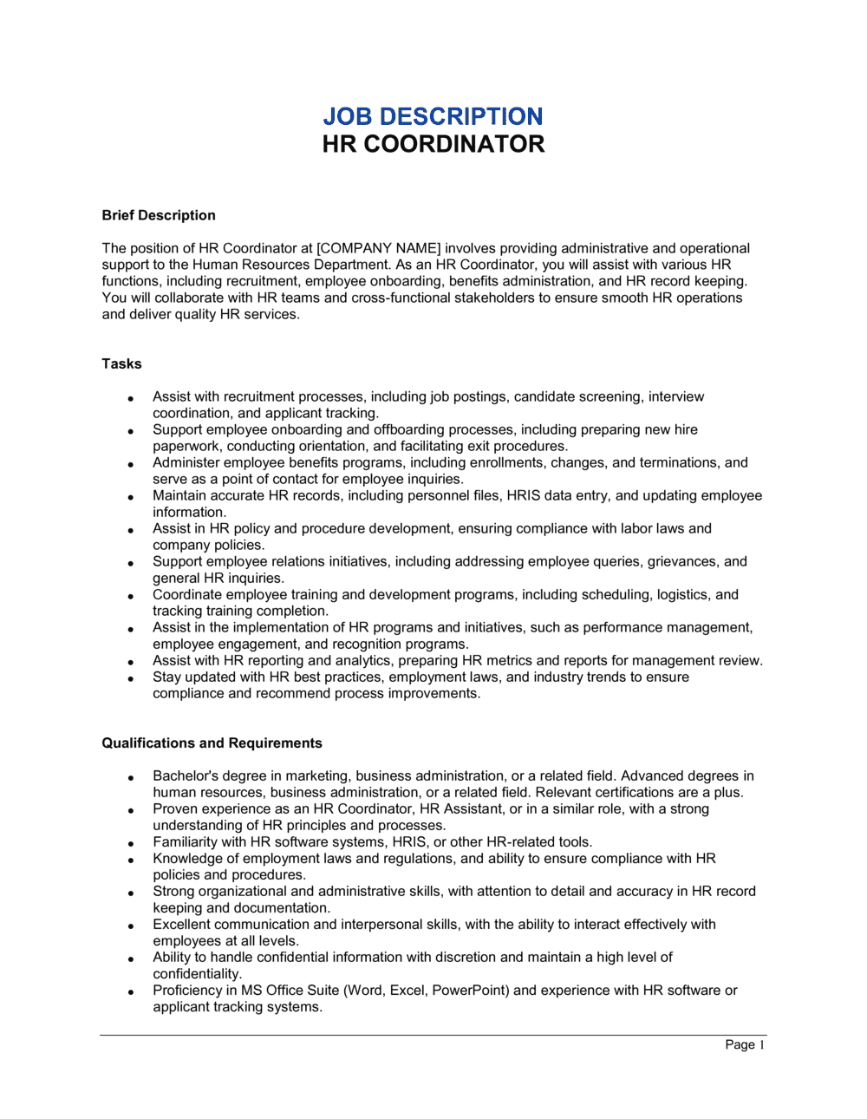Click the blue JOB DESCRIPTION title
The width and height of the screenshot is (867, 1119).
click(x=433, y=116)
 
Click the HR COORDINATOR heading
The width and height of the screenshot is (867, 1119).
click(x=433, y=144)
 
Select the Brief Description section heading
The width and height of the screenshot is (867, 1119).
click(x=159, y=215)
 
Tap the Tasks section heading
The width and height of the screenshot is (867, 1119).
click(x=121, y=363)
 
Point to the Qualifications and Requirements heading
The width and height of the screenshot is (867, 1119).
click(x=212, y=743)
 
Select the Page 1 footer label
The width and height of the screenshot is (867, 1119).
click(x=744, y=1044)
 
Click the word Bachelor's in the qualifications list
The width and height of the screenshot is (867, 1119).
click(x=185, y=775)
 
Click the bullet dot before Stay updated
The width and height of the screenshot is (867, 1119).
click(x=131, y=678)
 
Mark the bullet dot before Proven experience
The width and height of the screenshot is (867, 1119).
click(x=131, y=810)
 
